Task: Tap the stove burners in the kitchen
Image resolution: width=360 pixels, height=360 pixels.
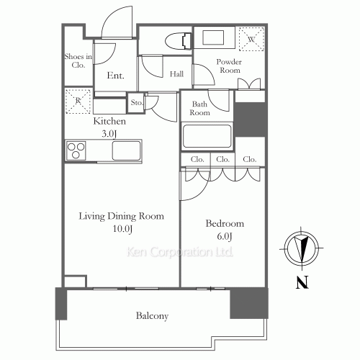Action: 76,151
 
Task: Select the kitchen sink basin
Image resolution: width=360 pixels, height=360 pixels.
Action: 127,151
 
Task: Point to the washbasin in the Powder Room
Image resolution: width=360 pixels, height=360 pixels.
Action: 215,38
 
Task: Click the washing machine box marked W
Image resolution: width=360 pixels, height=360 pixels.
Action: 252,39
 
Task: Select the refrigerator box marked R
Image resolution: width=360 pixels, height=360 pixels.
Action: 76,101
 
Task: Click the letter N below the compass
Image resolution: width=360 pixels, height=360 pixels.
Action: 302,282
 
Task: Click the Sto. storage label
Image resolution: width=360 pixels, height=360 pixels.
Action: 137,104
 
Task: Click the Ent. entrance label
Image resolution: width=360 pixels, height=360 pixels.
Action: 114,75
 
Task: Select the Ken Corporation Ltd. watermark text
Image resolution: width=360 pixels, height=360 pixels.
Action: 180,253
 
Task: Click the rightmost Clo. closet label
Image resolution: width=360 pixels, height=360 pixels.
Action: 250,159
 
